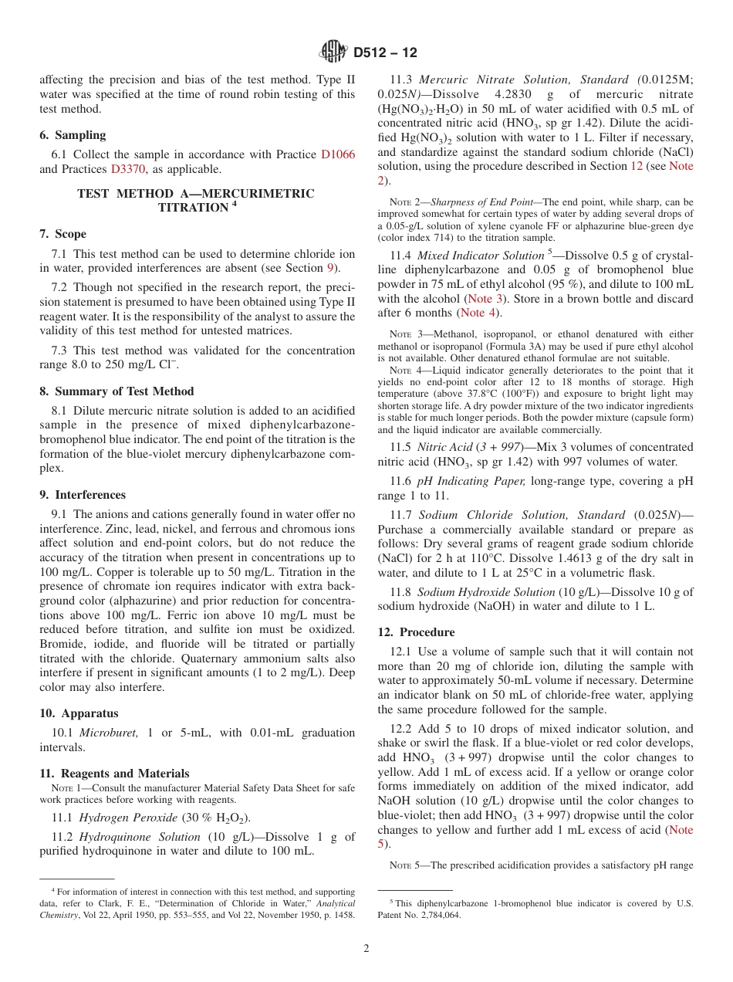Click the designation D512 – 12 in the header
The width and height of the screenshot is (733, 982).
[385, 52]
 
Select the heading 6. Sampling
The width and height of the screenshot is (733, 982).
[73, 134]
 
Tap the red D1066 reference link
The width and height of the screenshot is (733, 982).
[338, 154]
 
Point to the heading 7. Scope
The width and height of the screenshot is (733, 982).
[63, 234]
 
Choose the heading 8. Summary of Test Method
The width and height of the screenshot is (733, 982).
[117, 391]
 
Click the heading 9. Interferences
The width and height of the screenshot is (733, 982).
[83, 495]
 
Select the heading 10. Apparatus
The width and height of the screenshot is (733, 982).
[79, 713]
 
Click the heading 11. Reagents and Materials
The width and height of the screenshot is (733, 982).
[114, 774]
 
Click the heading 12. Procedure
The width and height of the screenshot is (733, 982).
[416, 632]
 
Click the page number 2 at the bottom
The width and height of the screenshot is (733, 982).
[366, 949]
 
